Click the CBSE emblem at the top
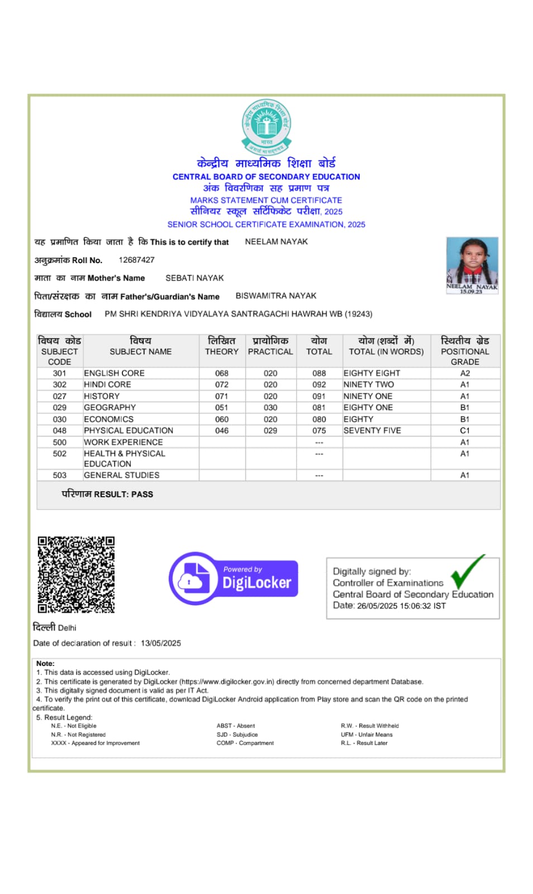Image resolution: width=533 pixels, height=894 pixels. pos(266,126)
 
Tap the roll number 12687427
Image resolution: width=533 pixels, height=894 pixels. pos(136,260)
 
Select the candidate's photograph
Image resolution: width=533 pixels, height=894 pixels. pos(472,264)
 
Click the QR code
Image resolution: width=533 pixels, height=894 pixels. pos(76,574)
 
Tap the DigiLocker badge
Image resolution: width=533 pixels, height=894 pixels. pos(234,578)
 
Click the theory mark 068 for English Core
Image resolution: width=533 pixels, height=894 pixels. pos(222,373)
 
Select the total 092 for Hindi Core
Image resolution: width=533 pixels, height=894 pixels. pos(319,384)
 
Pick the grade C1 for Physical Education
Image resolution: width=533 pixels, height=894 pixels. pos(465,431)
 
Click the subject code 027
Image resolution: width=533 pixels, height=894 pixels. pos(60,396)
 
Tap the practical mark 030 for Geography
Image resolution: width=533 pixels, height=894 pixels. pos(270,408)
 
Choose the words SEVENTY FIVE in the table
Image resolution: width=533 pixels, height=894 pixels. pos(372,431)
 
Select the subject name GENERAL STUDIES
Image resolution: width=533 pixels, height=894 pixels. pos(122,475)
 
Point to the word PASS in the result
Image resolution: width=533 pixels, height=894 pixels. pos(142,494)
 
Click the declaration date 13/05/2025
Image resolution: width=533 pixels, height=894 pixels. pos(161,643)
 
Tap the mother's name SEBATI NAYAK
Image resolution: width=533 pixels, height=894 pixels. pos(194,278)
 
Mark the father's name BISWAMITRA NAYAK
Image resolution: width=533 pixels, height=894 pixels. pos(276,296)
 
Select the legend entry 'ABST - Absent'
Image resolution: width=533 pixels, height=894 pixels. pos(236,726)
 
